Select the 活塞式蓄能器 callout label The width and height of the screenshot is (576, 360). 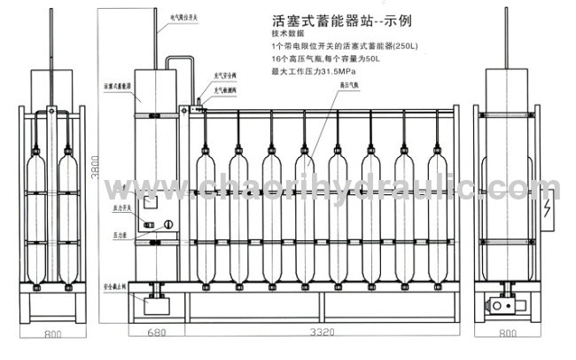click(x=117, y=86)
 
